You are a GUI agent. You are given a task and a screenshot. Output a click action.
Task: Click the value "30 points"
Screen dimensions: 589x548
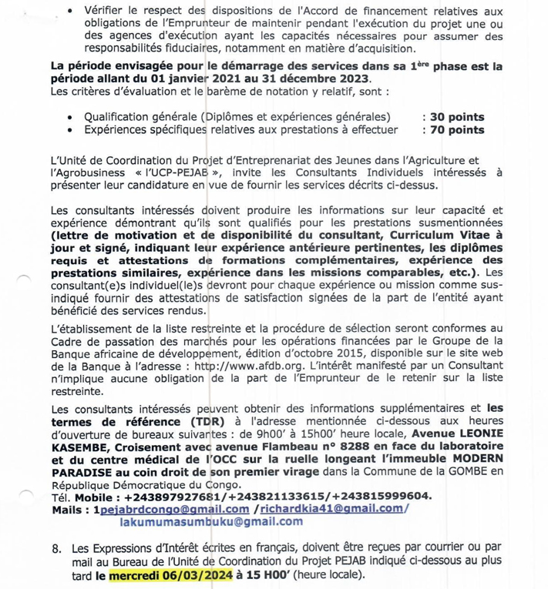(457, 118)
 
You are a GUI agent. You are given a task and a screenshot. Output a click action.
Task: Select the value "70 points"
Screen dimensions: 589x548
(457, 130)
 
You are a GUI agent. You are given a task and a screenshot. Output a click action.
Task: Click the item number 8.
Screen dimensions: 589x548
(55, 550)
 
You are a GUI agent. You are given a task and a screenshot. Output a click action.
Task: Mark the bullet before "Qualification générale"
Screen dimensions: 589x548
(70, 118)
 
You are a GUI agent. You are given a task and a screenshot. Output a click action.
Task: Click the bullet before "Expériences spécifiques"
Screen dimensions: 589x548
(70, 130)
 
